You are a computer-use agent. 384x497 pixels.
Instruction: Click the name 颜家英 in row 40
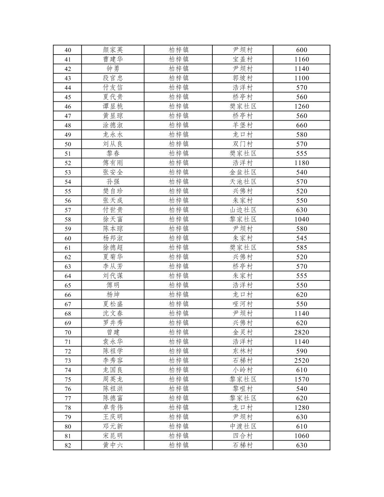coord(113,50)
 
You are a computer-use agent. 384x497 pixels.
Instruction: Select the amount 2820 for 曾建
coord(301,332)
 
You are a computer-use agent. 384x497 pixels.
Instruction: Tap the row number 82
coord(67,445)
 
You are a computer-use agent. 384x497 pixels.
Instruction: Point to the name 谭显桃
coord(113,106)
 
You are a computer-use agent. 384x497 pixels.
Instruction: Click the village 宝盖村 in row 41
coord(243,59)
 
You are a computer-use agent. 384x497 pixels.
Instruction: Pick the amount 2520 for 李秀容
coord(301,360)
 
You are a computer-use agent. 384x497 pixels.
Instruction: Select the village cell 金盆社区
coord(243,172)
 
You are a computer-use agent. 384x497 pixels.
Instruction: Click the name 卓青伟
coord(113,407)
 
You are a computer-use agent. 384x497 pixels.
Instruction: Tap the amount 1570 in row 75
coord(301,379)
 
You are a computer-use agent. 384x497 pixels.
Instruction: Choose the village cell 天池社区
coord(243,181)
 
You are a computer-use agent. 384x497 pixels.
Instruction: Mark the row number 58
coord(67,219)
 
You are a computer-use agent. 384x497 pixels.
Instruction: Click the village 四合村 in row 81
coord(243,435)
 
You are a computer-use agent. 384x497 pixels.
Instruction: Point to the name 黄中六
coord(113,445)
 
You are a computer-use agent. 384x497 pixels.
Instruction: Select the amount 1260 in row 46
coord(301,106)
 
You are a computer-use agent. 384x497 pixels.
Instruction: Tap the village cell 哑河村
coord(243,304)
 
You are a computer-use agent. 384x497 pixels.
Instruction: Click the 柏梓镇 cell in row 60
coord(178,238)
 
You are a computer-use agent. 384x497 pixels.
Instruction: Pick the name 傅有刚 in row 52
coord(113,163)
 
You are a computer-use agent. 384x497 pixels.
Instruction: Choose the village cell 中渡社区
coord(243,426)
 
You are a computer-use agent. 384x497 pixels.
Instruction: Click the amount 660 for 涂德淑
coord(301,125)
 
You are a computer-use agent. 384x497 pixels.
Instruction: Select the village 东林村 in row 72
coord(243,351)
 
